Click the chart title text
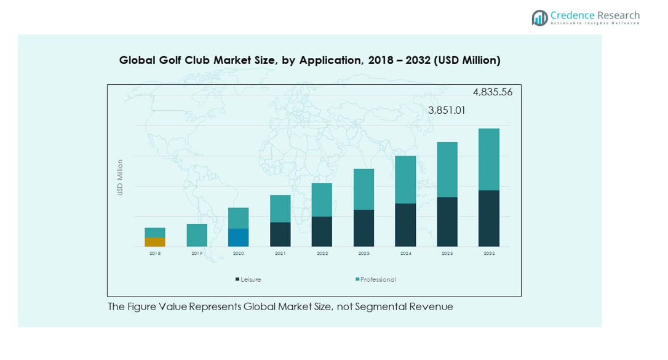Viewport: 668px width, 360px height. pos(309,60)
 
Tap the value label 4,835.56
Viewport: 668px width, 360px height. pos(492,92)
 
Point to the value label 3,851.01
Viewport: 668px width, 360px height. pos(447,111)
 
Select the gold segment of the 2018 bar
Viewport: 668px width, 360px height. pos(155,242)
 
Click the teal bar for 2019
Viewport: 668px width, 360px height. pos(197,235)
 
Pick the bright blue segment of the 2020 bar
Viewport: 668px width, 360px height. pos(239,238)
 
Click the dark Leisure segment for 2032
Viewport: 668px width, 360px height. pos(489,218)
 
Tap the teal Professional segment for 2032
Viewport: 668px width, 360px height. pos(489,159)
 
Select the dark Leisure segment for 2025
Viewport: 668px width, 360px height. pos(447,222)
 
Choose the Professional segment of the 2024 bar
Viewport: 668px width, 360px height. pos(405,180)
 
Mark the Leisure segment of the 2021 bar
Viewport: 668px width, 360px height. pos(280,234)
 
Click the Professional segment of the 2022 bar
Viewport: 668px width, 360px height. pos(322,199)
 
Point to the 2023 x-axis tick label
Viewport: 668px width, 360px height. pos(364,254)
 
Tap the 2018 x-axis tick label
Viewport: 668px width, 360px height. pos(155,254)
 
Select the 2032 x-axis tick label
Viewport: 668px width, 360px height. pos(489,254)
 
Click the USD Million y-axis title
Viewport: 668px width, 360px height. pos(120,178)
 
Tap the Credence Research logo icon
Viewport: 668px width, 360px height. pos(540,18)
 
